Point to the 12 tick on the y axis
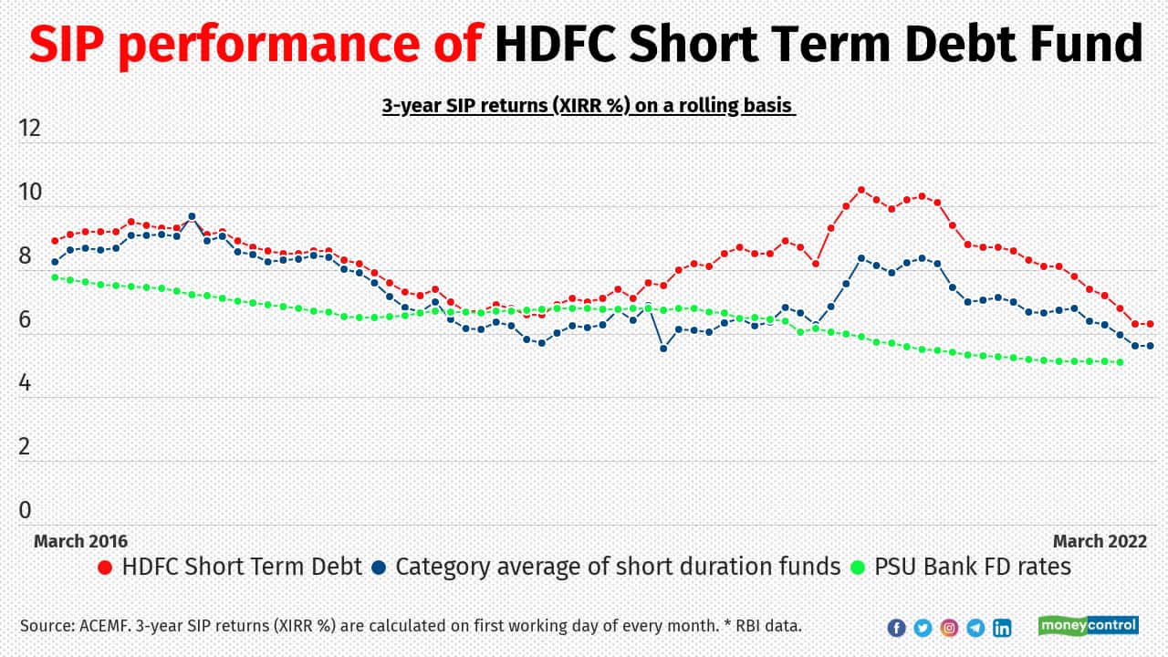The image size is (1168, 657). (30, 128)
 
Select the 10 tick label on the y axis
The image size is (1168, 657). (30, 192)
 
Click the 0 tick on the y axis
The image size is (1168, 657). (25, 510)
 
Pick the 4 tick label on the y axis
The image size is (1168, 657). (25, 383)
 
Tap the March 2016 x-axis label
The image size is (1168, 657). (80, 541)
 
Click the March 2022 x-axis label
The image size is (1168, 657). (1100, 541)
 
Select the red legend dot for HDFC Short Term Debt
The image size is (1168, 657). (105, 568)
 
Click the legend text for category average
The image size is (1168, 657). (617, 567)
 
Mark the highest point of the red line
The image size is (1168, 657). (860, 190)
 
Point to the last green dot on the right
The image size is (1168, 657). (1120, 362)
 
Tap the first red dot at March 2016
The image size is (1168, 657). (55, 241)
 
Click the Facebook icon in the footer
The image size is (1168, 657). (896, 627)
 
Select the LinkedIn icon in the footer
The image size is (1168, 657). (1002, 627)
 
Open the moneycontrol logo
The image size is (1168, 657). (1088, 625)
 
